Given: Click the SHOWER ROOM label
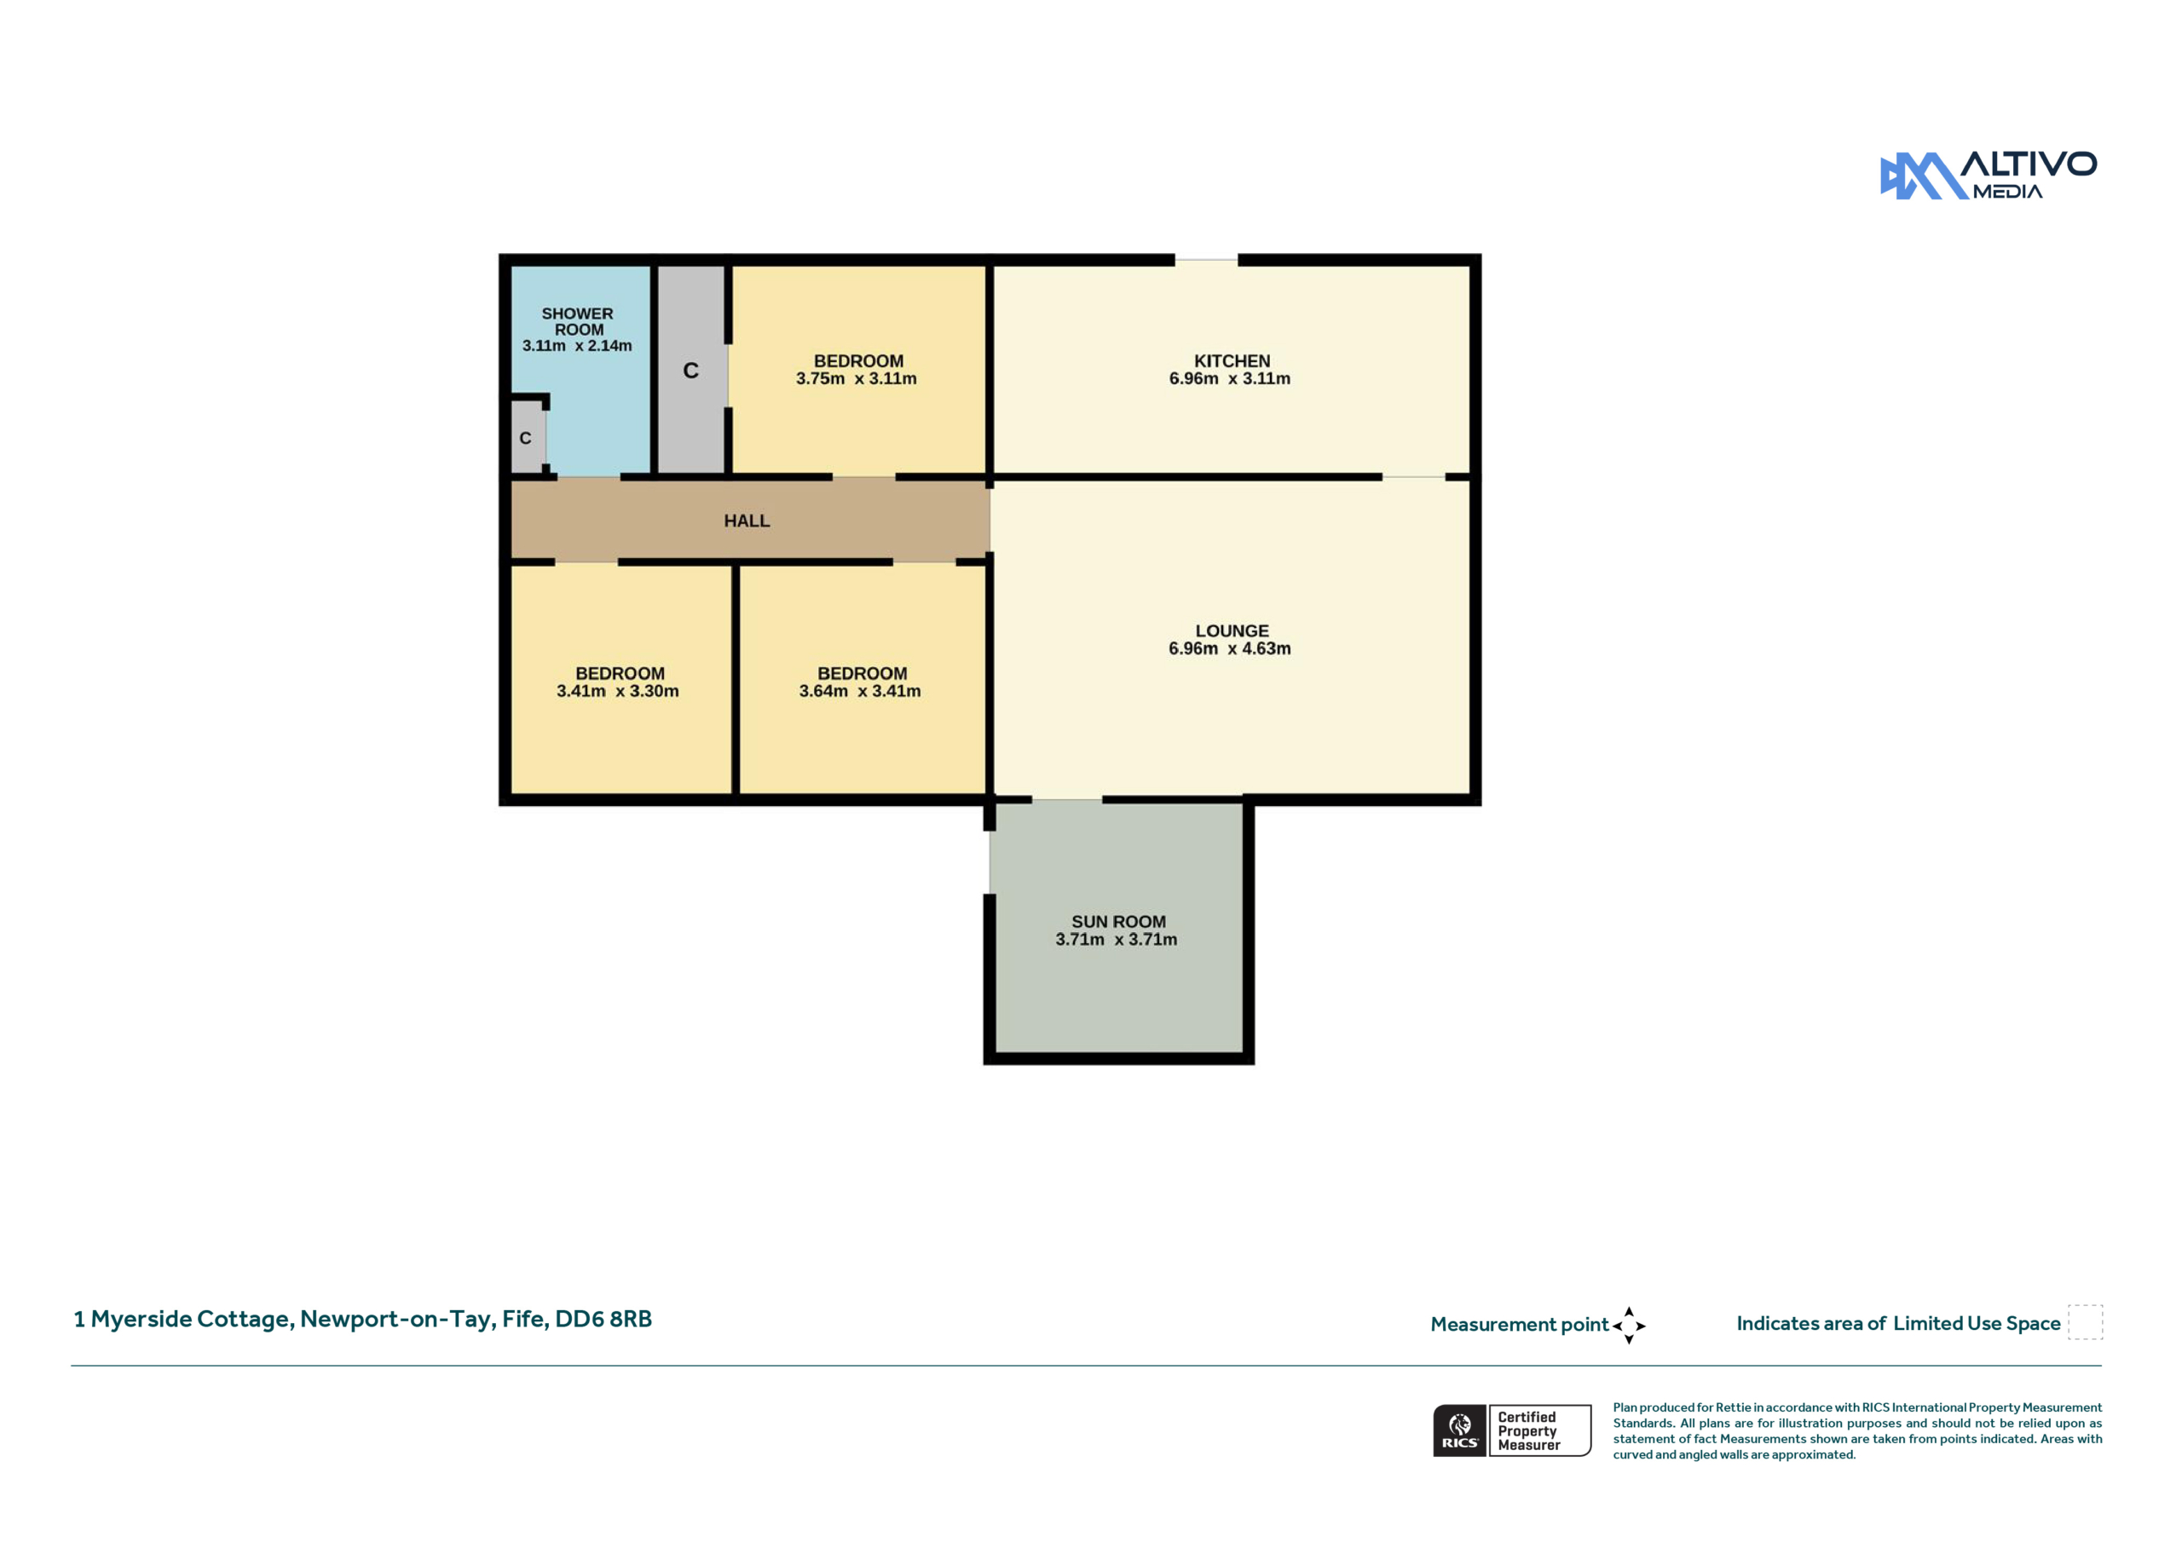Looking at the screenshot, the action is [x=578, y=321].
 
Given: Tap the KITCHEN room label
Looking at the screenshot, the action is [x=1232, y=361].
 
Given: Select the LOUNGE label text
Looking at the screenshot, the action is [x=1232, y=631].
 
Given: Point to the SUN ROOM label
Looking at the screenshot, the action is [x=1118, y=922].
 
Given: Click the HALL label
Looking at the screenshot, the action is [x=747, y=521].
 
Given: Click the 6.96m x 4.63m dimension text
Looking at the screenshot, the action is [x=1230, y=649].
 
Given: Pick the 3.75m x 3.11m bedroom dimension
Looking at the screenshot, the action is [x=857, y=378].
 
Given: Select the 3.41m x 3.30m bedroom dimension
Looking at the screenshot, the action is [x=618, y=692].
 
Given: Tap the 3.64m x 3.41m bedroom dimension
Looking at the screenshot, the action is [x=860, y=692].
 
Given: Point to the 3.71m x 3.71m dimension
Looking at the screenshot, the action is [x=1116, y=940].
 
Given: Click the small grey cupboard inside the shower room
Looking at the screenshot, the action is [x=528, y=437].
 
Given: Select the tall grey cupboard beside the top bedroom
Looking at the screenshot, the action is [x=692, y=369].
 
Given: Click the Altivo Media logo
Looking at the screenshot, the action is [x=1989, y=175].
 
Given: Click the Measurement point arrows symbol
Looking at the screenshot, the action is [x=1628, y=1326].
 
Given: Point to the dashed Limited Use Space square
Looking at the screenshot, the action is [x=2085, y=1322].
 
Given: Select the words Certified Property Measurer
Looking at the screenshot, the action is [x=1529, y=1431].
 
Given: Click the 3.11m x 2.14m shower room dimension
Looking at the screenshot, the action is [x=577, y=346].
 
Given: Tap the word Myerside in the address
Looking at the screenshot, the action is [x=141, y=1320].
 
